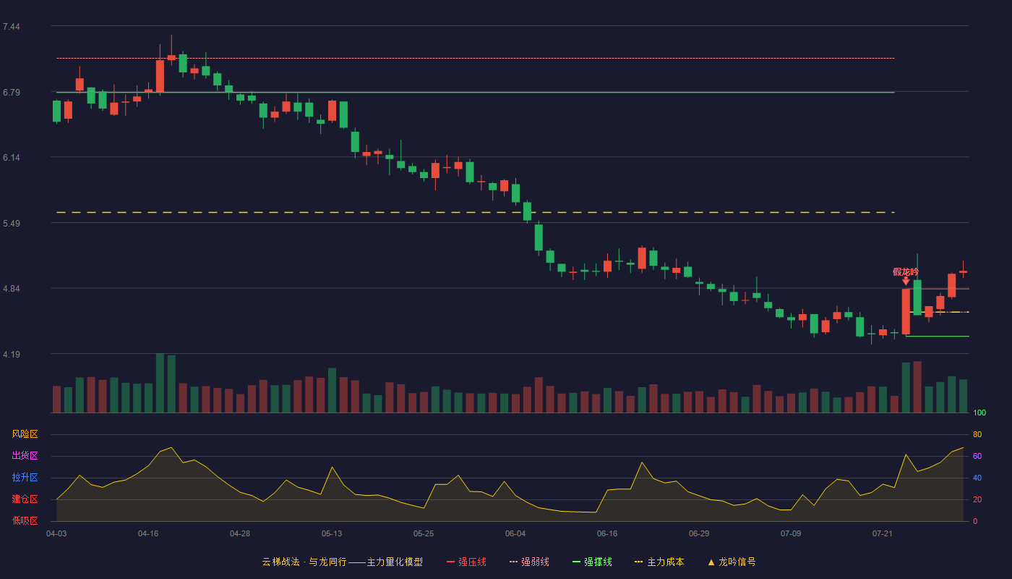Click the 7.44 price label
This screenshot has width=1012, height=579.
(12, 27)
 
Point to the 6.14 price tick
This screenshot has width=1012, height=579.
(12, 158)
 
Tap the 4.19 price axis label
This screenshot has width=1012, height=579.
(12, 354)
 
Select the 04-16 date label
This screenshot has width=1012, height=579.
(148, 534)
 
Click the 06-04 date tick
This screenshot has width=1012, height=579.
(515, 534)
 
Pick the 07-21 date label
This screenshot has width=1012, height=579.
(883, 534)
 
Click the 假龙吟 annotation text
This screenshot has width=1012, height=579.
(905, 272)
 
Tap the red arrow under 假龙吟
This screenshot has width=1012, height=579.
(906, 281)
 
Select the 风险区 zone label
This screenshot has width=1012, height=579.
(25, 434)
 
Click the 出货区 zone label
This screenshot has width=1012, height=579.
(25, 455)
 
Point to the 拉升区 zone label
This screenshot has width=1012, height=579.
(25, 477)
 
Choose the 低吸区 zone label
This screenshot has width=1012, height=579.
(25, 520)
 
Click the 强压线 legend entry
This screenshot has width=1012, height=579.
(466, 562)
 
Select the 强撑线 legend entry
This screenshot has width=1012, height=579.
(592, 562)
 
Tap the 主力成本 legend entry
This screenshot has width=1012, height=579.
(659, 562)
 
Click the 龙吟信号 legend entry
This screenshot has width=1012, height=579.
(732, 562)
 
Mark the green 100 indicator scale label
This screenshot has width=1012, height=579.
(979, 413)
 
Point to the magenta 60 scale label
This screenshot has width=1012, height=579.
(977, 456)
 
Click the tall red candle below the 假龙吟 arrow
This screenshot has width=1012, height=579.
(906, 312)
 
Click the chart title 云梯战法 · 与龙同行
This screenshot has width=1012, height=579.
(304, 562)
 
